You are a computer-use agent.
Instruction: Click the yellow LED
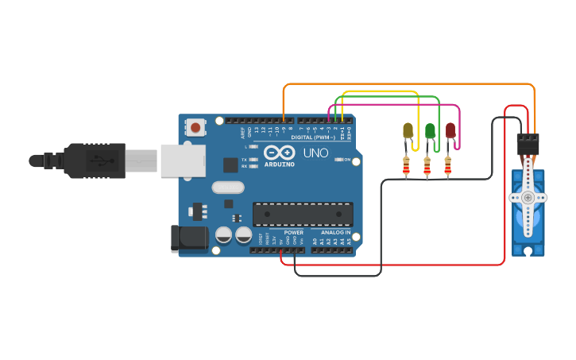point(408,131)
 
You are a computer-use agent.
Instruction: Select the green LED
point(430,131)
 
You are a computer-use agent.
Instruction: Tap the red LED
point(450,130)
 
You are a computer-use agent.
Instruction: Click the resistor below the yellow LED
point(407,165)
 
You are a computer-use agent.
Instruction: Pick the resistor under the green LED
point(427,165)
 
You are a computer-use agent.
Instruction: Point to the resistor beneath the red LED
point(447,165)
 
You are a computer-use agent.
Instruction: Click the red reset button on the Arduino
point(195,126)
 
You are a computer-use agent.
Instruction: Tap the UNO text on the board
point(315,152)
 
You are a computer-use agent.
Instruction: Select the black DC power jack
point(189,239)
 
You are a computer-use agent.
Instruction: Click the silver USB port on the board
point(184,160)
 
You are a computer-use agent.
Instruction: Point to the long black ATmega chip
point(303,214)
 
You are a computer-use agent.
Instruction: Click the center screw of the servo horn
point(528,197)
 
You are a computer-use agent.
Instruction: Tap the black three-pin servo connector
point(528,144)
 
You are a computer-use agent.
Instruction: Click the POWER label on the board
point(293,232)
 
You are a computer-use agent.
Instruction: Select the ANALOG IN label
point(336,232)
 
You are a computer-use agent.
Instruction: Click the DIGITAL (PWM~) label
point(312,137)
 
